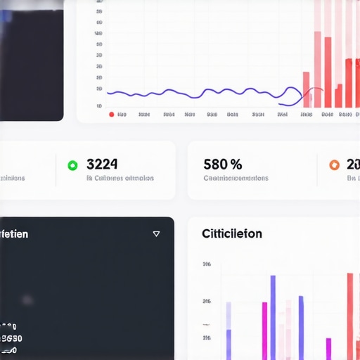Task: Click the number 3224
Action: click(102, 165)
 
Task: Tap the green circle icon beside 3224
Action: click(72, 165)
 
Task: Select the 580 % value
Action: click(222, 165)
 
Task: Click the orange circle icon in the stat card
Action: click(335, 165)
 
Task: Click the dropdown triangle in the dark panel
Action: click(156, 234)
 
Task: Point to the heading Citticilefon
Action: click(231, 233)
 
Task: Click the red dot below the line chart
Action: click(111, 114)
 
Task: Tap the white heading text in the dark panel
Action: click(14, 233)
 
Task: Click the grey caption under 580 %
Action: click(236, 179)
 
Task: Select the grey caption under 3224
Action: click(120, 179)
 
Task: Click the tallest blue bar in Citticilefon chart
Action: click(273, 316)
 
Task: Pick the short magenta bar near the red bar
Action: click(328, 349)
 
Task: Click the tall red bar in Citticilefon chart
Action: click(350, 316)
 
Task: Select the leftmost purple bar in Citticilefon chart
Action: click(229, 330)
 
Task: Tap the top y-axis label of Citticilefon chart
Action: click(207, 265)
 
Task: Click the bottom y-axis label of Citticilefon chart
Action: click(207, 338)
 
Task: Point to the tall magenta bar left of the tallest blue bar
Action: click(264, 330)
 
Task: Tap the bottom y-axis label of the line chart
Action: click(99, 105)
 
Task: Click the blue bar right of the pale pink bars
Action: click(301, 328)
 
